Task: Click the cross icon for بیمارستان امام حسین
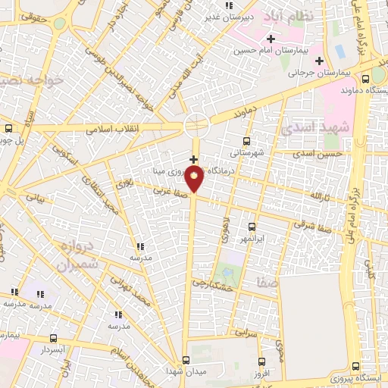tap(270, 39)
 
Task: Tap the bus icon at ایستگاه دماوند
tap(377, 77)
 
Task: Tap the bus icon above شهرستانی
tap(246, 141)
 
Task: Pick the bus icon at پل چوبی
tap(8, 128)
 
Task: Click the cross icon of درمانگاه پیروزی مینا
tap(194, 159)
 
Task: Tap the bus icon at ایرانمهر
tap(252, 226)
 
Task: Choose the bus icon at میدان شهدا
tap(186, 360)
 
